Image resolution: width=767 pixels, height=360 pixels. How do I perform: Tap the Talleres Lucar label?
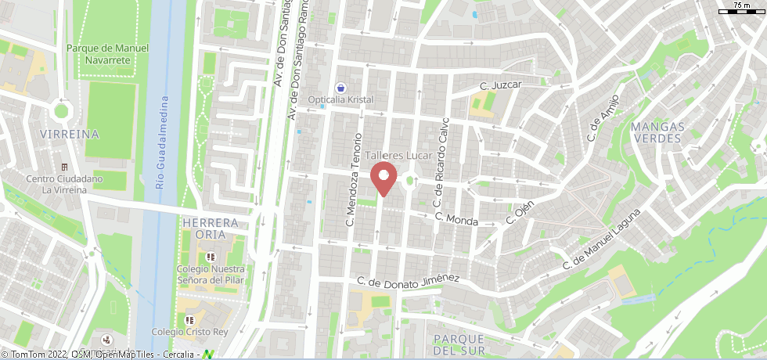(399, 156)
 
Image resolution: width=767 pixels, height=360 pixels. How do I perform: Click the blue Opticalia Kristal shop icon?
(340, 88)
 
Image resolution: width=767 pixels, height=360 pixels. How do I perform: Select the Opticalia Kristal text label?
(340, 100)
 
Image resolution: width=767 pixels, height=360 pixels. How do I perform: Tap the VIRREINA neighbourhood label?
(71, 134)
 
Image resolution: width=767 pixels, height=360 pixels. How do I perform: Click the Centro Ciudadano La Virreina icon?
(64, 167)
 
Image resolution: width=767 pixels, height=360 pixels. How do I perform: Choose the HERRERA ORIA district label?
(209, 229)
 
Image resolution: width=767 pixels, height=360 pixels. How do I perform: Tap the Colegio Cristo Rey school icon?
(189, 320)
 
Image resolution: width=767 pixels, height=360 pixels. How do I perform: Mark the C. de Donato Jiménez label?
(408, 282)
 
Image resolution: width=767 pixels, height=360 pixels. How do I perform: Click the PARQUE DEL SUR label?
(459, 344)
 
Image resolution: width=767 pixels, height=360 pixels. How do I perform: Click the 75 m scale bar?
(740, 9)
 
